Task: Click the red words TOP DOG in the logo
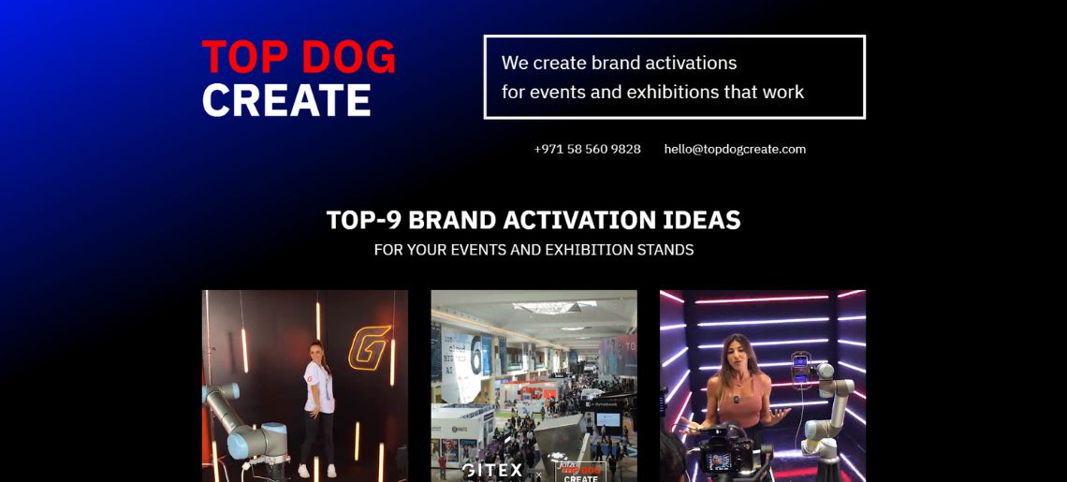pos(299,57)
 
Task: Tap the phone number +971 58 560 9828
pos(587,149)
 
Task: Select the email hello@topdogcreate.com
pos(735,149)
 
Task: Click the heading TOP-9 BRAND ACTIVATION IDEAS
pos(533,220)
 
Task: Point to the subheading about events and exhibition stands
pos(533,250)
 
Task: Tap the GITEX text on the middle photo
pos(493,470)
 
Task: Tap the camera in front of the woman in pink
pos(722,454)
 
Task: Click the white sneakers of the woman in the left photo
pos(315,471)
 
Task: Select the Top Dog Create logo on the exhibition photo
pos(580,471)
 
